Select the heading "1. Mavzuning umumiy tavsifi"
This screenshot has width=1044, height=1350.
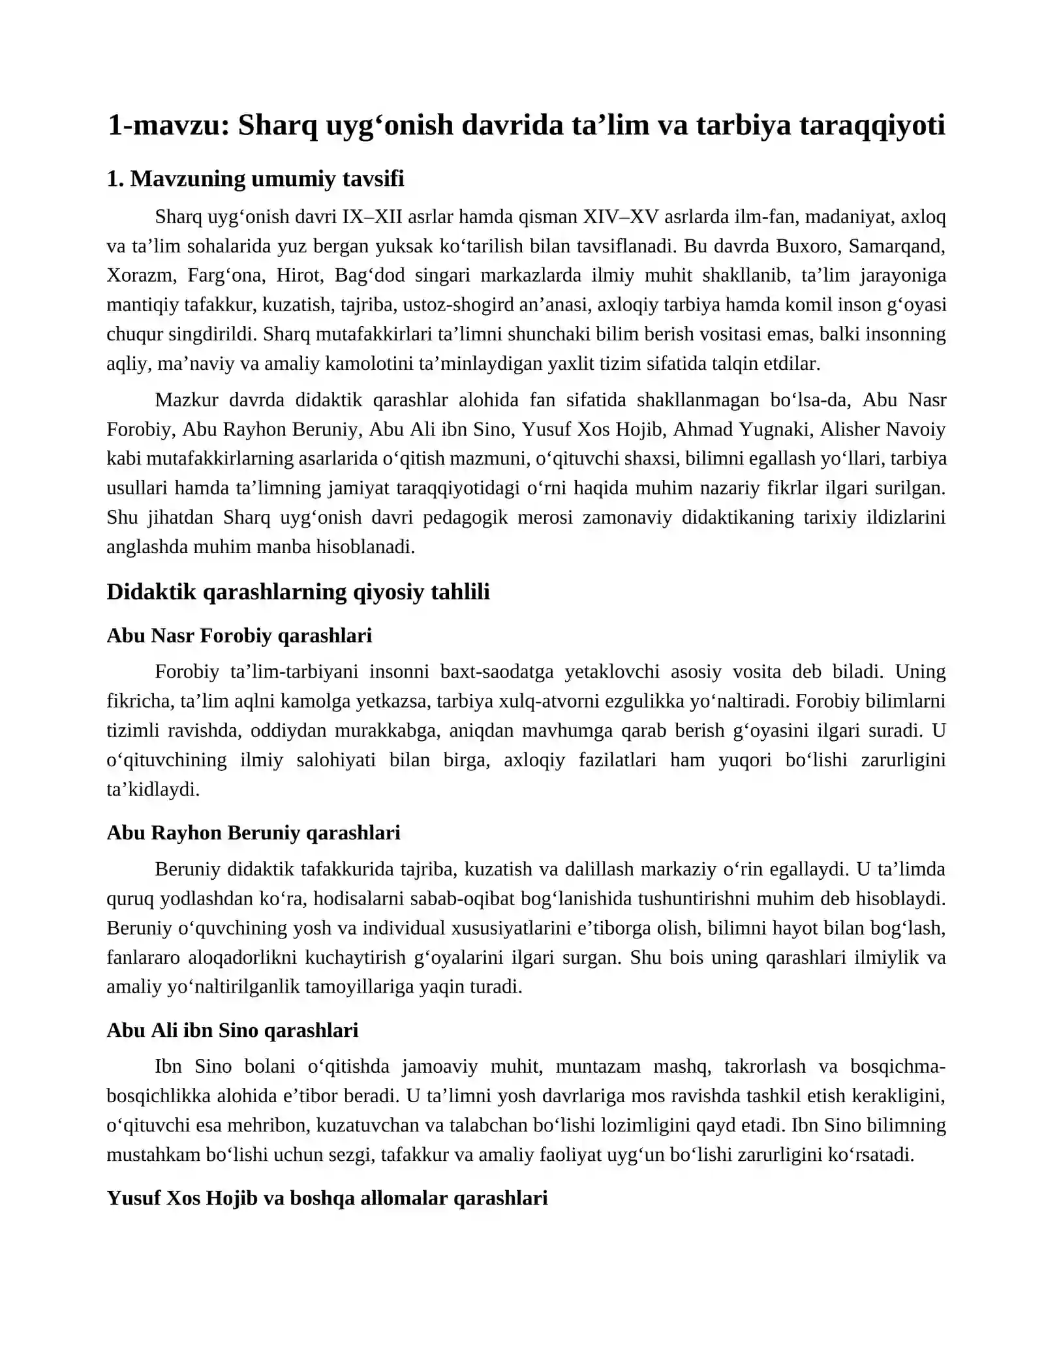[255, 179]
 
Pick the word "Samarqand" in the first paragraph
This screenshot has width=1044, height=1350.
[897, 246]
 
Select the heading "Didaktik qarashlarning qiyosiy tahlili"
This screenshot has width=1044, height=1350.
[298, 592]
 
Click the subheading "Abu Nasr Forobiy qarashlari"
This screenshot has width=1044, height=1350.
[239, 635]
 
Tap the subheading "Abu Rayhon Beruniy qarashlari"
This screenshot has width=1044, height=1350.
[253, 833]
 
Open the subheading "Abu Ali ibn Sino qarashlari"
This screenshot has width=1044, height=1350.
[232, 1030]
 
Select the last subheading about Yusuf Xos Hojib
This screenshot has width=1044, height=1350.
[327, 1198]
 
